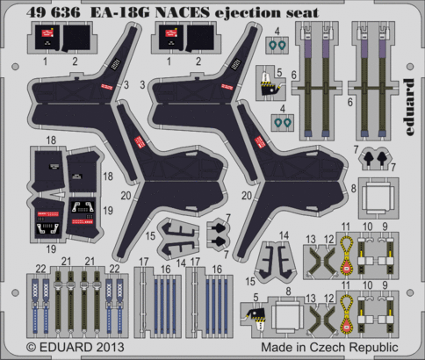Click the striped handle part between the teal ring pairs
coord(269,84)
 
